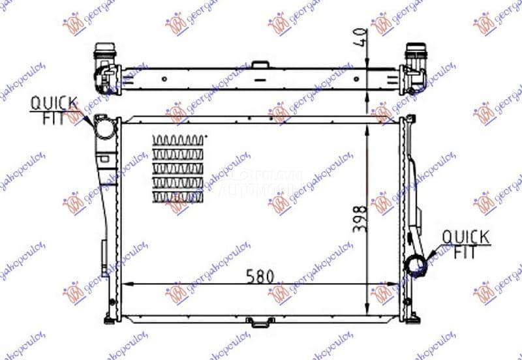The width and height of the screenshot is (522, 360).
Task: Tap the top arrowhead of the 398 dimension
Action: (x=367, y=124)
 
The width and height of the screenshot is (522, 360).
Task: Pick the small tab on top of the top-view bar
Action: (x=259, y=65)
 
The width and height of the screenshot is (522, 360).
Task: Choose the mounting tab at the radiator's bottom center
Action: (x=259, y=321)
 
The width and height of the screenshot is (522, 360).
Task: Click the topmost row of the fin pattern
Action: (x=177, y=140)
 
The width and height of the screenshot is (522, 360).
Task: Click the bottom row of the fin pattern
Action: (x=177, y=196)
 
